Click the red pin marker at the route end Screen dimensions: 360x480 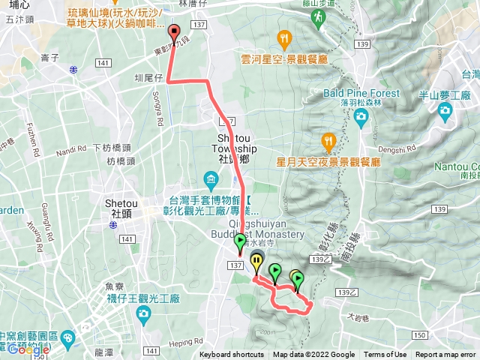point(175,33)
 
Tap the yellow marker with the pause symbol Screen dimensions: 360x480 point(257,262)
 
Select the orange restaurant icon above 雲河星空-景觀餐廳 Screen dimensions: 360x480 point(283,37)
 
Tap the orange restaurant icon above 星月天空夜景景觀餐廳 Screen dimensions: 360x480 point(328,140)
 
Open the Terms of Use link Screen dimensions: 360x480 point(385,355)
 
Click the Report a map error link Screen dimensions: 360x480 point(445,355)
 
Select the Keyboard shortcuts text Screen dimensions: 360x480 point(231,355)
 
